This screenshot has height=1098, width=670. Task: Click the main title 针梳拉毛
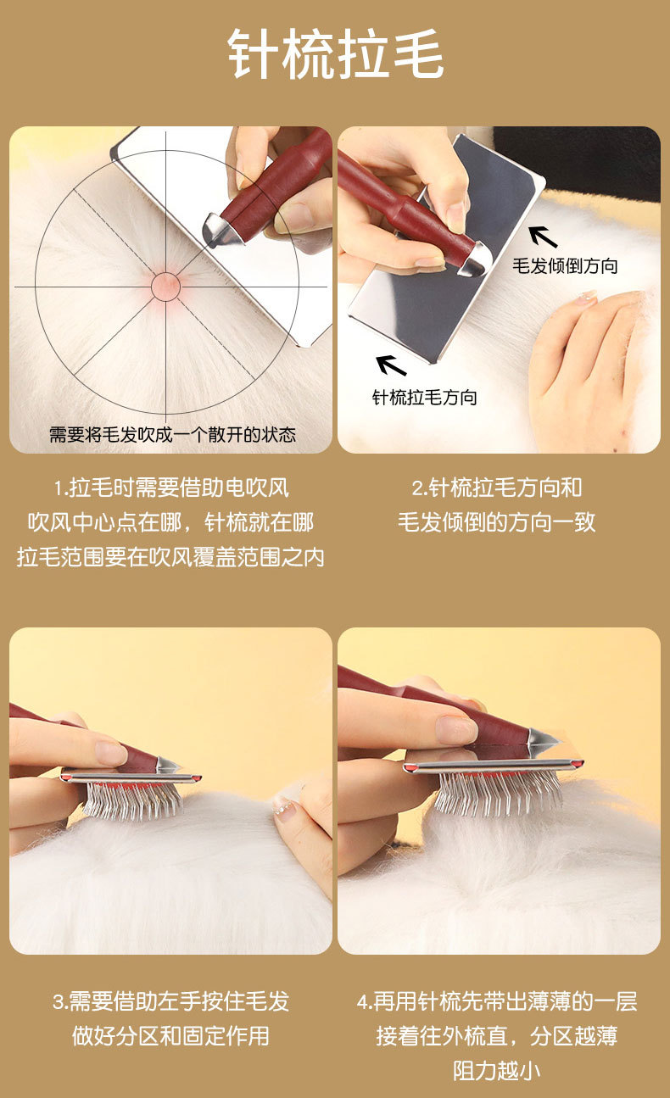coord(336,54)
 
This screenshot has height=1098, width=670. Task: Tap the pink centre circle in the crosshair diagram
coord(165,287)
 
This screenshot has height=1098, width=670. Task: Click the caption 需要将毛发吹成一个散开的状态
coord(173,434)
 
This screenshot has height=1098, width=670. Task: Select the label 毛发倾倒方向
coord(565,265)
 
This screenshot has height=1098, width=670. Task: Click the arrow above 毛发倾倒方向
coord(543,237)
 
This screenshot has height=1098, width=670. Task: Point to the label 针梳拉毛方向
coord(425,397)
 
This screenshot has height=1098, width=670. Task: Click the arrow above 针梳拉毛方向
coord(391,365)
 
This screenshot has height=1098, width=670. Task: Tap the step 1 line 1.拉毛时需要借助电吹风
coord(171,488)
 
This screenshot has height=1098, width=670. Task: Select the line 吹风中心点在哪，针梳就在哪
coord(170,522)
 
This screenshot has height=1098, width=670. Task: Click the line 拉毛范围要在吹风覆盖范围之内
coord(170,557)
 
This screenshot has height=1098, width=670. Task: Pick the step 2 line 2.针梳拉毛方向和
coord(497,488)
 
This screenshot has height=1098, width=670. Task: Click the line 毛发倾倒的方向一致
coord(497,522)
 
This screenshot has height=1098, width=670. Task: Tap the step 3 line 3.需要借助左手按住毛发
coord(171,1001)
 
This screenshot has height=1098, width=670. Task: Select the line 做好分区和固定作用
coord(170,1036)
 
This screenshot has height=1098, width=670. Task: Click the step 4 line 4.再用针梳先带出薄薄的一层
coord(497,1001)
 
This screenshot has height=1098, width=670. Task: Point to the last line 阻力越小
coord(496,1071)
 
